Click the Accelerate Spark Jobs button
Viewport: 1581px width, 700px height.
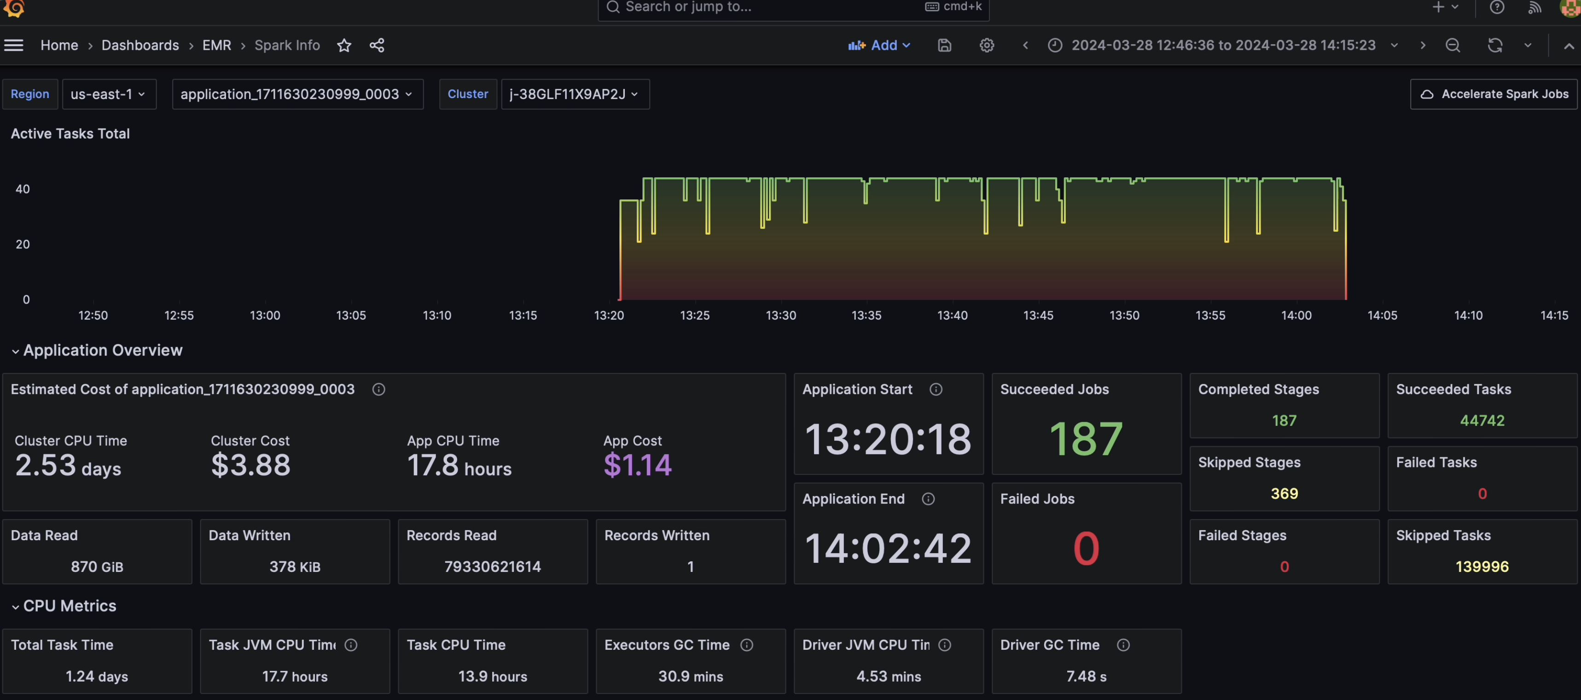point(1494,94)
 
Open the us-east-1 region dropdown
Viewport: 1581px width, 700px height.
point(109,94)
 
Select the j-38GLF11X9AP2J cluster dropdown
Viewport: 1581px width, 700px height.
point(575,94)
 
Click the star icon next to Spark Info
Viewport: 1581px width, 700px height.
point(344,46)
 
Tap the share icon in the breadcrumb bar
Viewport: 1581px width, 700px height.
point(377,46)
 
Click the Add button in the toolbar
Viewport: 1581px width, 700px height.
point(879,46)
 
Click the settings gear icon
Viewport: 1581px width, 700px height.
point(986,46)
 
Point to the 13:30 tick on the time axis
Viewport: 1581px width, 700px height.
point(781,315)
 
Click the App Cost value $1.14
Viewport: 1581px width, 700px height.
point(638,465)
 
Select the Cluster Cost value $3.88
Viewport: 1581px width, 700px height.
point(250,465)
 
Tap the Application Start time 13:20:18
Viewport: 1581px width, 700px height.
point(888,439)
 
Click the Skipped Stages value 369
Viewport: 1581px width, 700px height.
point(1284,494)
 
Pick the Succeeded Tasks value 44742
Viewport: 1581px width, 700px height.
point(1482,420)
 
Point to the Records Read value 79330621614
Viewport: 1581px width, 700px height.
point(492,567)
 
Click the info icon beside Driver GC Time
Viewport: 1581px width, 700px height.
point(1123,645)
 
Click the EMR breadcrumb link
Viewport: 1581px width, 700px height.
point(217,46)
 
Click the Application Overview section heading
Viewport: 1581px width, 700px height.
point(103,350)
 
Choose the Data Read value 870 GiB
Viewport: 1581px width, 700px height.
point(97,567)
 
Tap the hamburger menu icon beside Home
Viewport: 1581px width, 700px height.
point(13,46)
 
